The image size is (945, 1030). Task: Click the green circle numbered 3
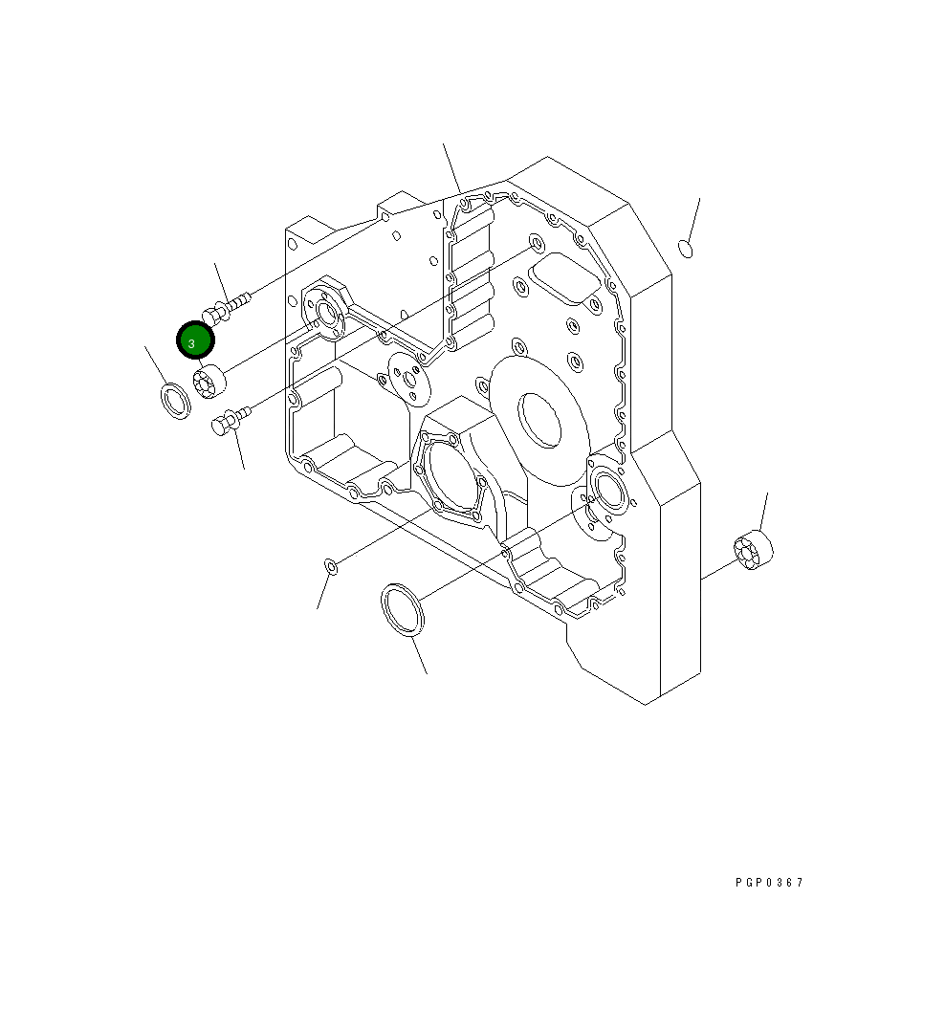195,340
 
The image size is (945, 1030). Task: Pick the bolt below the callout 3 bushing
230,420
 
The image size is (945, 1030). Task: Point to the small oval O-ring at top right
685,249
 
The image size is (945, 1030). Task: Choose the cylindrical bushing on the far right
754,550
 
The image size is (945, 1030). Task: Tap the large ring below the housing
403,609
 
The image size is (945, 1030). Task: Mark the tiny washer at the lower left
331,568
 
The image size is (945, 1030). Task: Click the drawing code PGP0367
770,883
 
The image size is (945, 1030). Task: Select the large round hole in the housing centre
540,418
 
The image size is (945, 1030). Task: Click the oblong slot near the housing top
564,277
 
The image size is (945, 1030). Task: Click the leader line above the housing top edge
451,167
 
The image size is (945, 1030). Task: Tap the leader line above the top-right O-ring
694,219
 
